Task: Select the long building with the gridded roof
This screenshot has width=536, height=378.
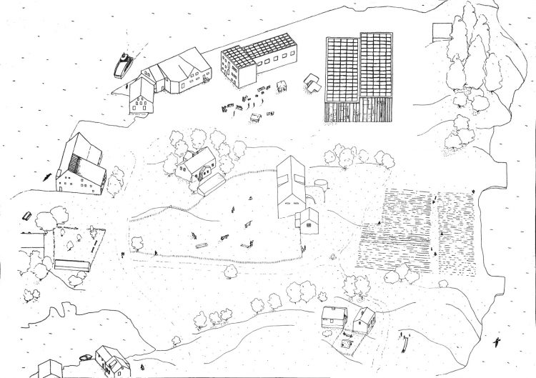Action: (257, 59)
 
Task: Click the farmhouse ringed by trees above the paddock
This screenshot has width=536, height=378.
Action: (199, 169)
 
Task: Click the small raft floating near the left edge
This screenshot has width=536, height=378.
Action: (27, 215)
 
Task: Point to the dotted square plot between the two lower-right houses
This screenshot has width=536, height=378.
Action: (348, 342)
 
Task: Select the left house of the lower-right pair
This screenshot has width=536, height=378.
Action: (334, 317)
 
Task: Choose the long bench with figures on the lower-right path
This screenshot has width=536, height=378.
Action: (405, 334)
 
